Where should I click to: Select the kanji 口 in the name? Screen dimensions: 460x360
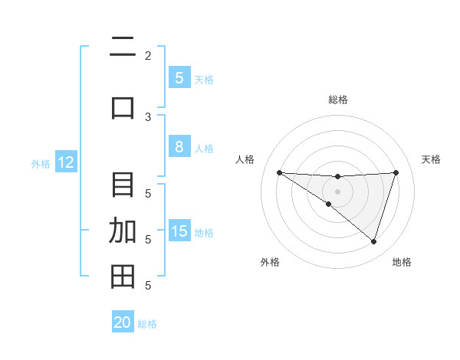pos(123,107)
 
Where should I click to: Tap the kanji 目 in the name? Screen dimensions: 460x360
pos(123,185)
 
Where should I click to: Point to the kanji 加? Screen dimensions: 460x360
pos(123,231)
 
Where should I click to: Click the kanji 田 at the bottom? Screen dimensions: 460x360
pos(123,277)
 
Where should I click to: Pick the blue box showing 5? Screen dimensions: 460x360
pos(179,78)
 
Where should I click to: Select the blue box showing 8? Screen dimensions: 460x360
pos(179,148)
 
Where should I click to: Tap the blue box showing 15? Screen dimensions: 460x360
pos(179,232)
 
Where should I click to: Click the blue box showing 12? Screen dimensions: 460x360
pos(65,162)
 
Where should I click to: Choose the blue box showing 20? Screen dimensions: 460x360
pos(123,322)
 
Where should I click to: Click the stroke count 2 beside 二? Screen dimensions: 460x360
pos(148,55)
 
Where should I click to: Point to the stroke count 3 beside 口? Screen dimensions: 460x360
pos(148,116)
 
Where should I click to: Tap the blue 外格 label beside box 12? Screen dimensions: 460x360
pos(41,163)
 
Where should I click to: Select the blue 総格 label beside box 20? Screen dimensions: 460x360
pos(147,324)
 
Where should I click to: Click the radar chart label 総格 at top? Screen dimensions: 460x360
pos(337,100)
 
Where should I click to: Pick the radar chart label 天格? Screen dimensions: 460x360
pos(432,159)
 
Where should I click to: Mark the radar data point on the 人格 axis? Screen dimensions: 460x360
pos(279,172)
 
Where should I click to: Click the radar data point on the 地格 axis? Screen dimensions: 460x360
pos(373,241)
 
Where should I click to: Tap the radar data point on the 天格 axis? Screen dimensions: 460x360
pos(396,172)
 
